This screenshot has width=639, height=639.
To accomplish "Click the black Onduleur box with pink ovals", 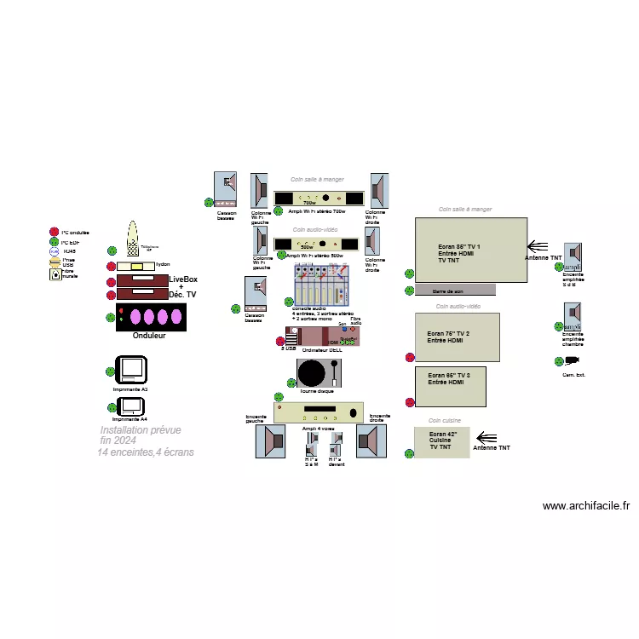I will click(151, 318).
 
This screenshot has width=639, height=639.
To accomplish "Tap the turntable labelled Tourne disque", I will click(319, 372).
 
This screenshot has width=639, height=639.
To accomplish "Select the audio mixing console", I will click(320, 285).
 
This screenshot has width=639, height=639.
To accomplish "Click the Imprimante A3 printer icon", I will click(132, 371).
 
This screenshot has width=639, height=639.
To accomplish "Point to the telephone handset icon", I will click(132, 239).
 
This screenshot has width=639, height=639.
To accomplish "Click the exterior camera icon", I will click(572, 363).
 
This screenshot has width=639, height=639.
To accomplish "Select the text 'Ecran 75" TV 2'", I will click(448, 333).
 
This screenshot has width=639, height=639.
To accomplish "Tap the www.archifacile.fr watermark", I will click(586, 505).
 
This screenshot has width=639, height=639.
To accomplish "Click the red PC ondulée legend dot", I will click(55, 232).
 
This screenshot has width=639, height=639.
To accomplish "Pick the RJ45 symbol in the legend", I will click(55, 251).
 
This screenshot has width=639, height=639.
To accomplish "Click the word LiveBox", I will click(183, 279).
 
